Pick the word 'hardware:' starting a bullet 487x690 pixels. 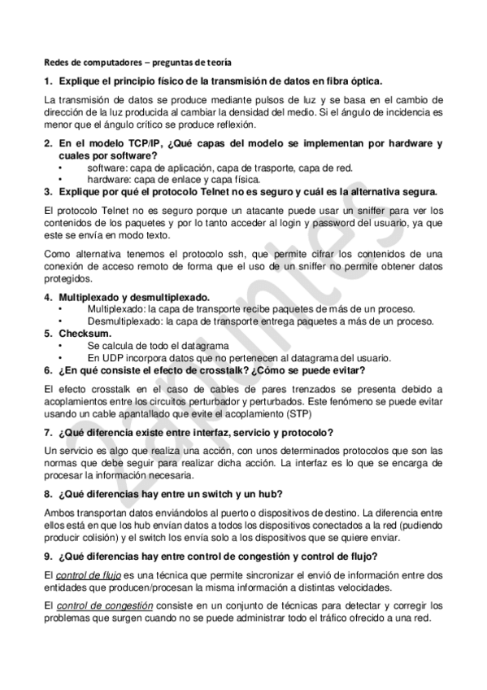(106, 179)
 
